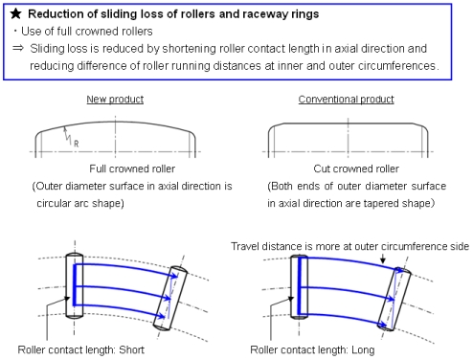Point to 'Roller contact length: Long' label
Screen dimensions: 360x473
coord(315,349)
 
